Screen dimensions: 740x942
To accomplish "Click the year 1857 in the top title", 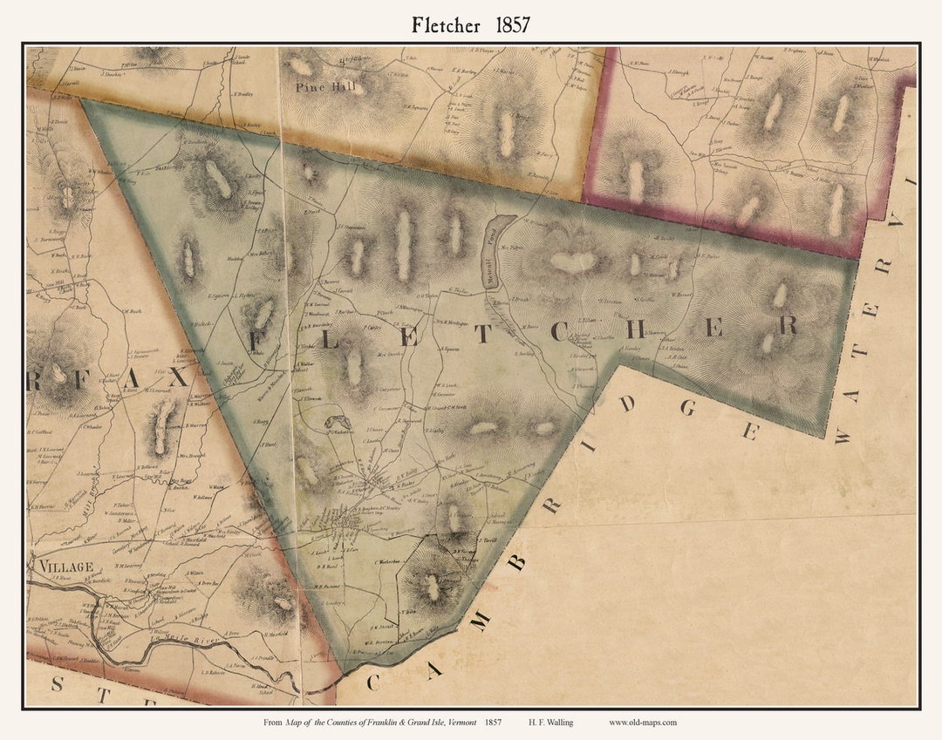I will [512, 25].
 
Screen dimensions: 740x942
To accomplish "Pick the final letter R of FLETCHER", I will [788, 326].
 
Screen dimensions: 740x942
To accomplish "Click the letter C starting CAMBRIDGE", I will [372, 682].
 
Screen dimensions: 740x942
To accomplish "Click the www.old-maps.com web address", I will [643, 722].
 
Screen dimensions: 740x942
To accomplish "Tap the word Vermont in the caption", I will [454, 722].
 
